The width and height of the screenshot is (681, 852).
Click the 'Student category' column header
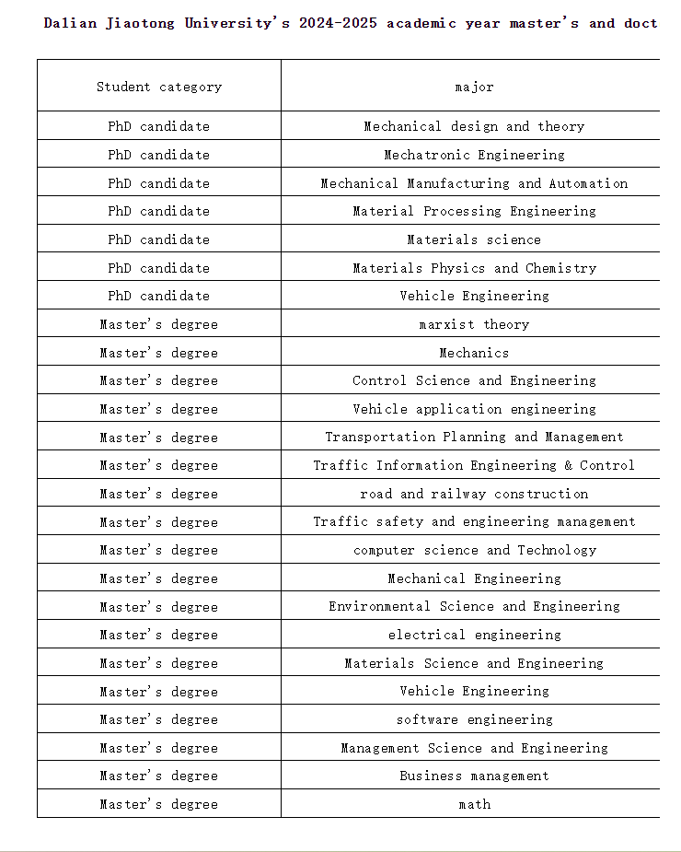click(159, 87)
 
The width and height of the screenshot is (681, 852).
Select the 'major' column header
click(474, 87)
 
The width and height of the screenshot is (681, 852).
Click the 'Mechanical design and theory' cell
click(474, 126)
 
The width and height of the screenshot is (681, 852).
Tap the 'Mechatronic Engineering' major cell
click(474, 155)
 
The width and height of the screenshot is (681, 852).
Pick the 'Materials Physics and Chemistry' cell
click(474, 268)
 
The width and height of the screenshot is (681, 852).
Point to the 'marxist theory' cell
click(474, 324)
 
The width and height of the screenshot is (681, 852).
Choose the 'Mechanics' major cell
click(474, 353)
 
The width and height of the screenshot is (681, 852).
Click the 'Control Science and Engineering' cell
click(474, 380)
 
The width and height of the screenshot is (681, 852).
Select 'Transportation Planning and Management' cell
click(474, 437)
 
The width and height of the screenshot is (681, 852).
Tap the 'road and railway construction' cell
click(474, 494)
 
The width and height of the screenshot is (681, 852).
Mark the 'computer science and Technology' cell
click(474, 550)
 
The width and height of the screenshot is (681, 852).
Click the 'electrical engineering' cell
click(474, 635)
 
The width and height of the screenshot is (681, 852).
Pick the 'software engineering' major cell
click(474, 719)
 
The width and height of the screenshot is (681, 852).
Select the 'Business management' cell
click(474, 776)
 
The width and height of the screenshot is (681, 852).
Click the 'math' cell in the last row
click(474, 804)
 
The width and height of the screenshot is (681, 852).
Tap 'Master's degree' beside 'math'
click(159, 804)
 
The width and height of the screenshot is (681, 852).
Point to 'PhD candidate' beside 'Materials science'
click(159, 239)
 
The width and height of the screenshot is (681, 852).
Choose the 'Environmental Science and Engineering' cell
click(474, 606)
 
